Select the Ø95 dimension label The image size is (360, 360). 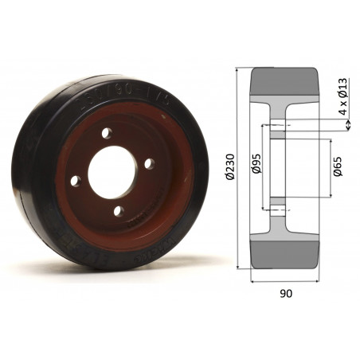256,167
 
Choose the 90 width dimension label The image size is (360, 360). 286,293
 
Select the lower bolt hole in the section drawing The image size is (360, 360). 277,209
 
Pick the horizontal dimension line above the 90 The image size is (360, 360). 286,281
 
